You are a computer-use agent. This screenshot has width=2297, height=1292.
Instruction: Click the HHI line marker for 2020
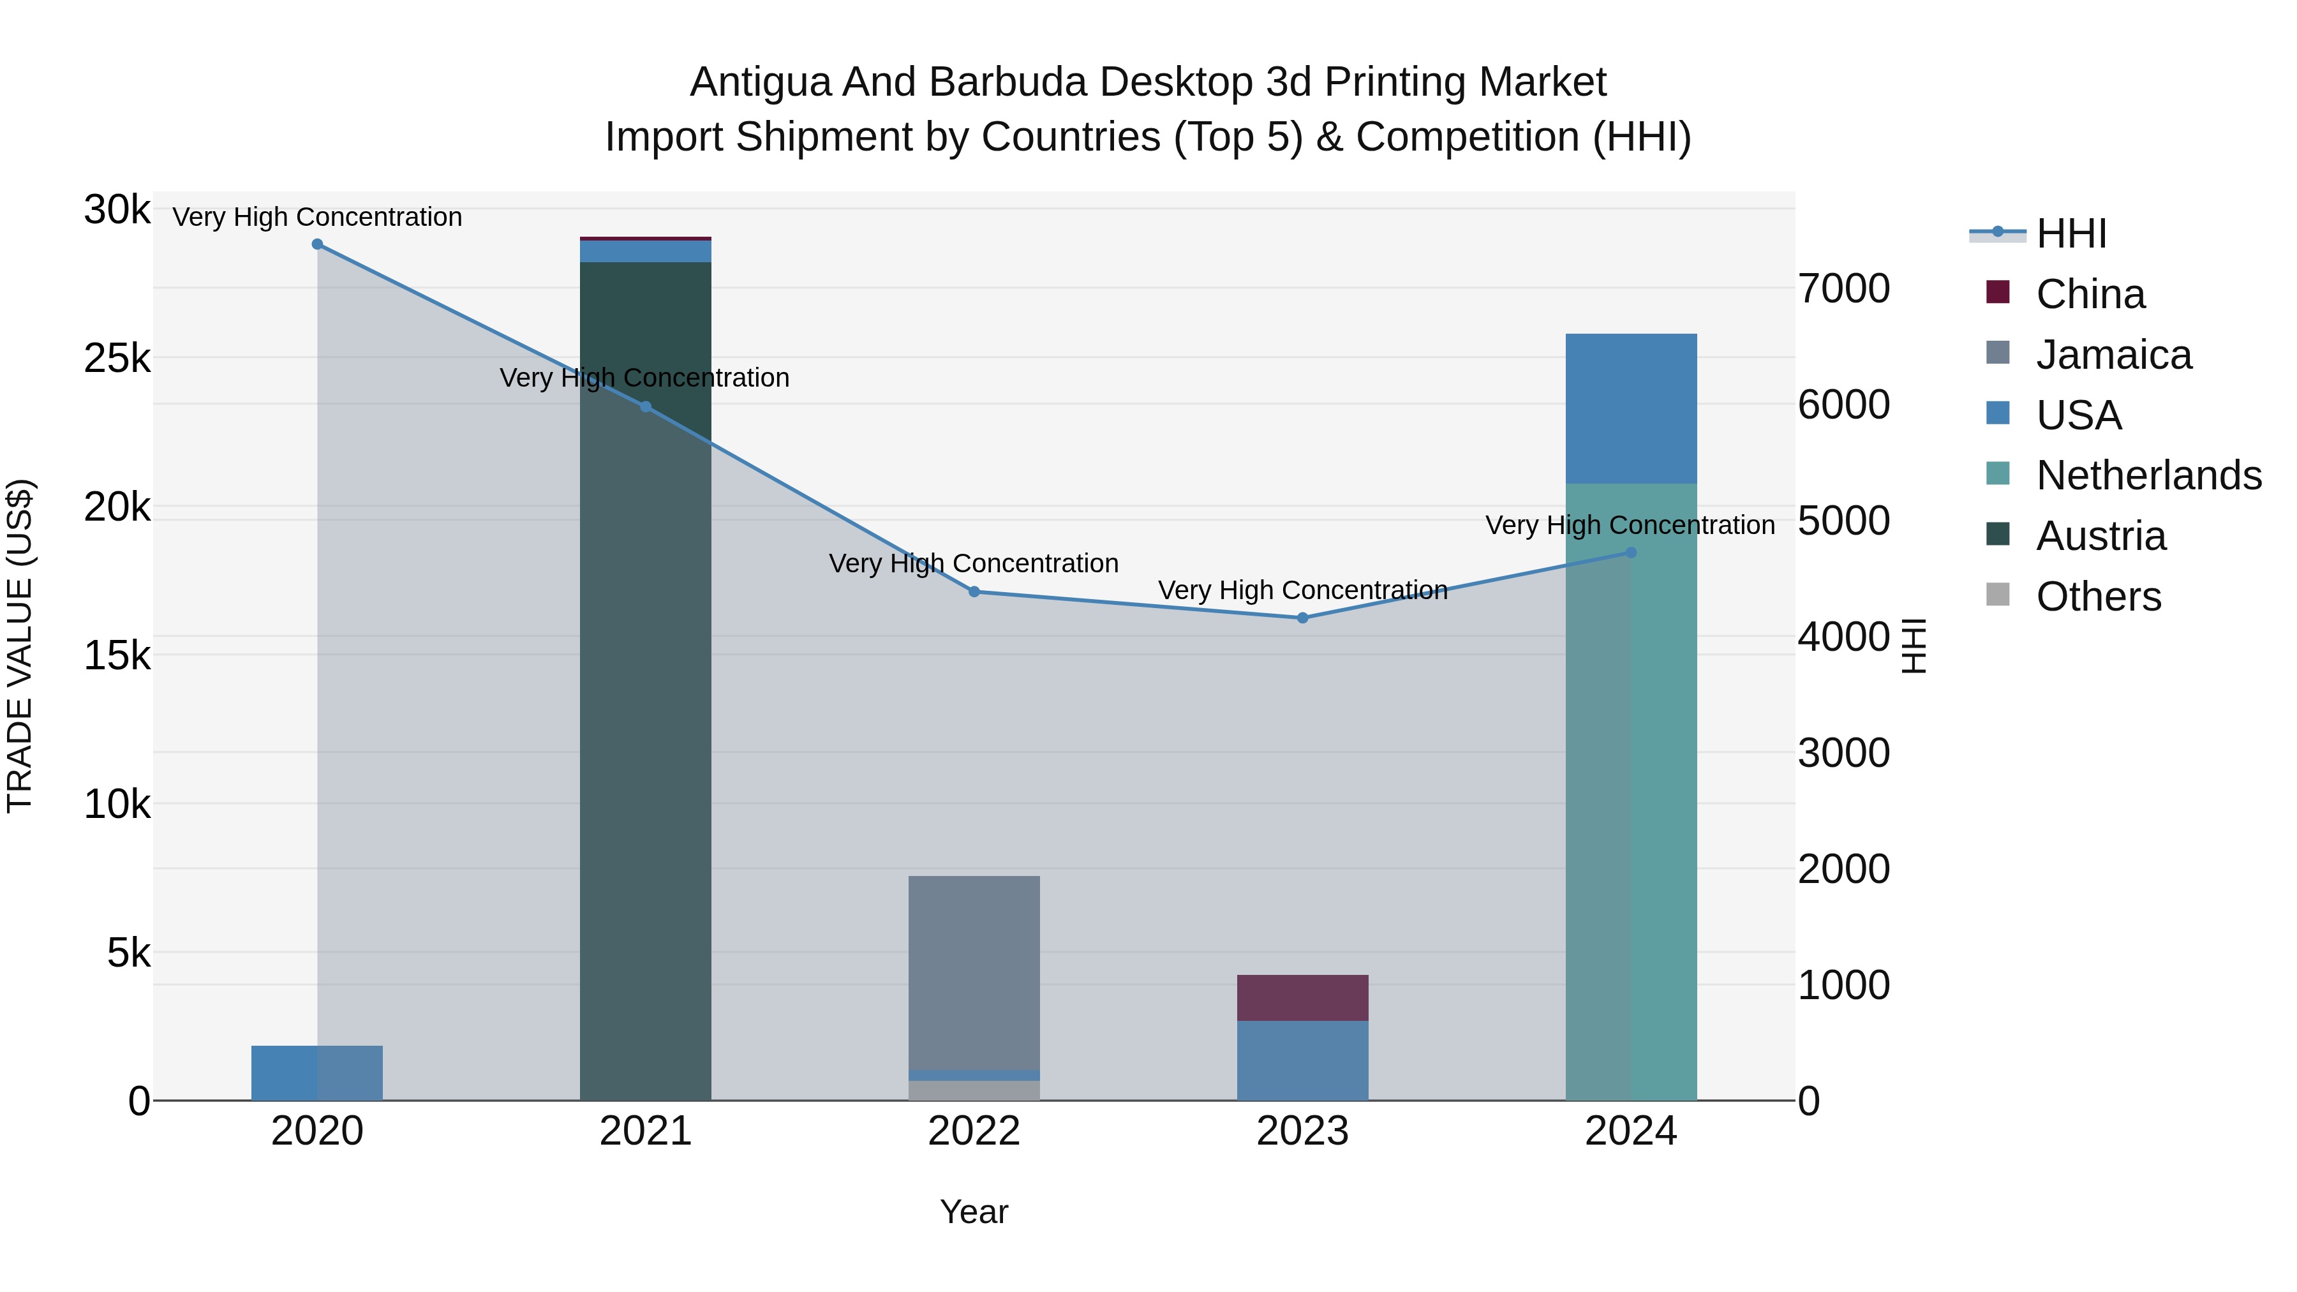click(x=318, y=244)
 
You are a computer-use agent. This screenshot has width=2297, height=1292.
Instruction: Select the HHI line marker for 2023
click(x=1303, y=618)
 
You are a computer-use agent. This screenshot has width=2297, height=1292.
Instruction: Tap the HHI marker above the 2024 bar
click(x=1631, y=553)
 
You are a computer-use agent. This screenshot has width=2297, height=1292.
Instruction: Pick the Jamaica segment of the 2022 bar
click(x=974, y=972)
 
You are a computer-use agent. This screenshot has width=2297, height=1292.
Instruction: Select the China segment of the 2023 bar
click(x=1303, y=998)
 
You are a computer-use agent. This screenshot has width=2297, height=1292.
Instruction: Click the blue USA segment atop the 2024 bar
click(x=1631, y=408)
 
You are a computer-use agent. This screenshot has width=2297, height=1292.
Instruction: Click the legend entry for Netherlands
click(x=2149, y=475)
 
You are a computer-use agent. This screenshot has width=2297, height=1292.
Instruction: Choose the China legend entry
click(x=2090, y=294)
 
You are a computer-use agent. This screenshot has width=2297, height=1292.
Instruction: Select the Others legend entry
click(x=2098, y=597)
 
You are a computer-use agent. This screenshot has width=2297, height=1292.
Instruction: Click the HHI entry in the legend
click(x=2070, y=234)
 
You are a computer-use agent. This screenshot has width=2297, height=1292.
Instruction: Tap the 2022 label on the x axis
click(x=974, y=1131)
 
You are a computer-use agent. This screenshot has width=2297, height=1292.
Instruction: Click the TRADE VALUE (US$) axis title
click(x=20, y=646)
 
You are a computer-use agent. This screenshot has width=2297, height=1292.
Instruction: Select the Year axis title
click(x=974, y=1212)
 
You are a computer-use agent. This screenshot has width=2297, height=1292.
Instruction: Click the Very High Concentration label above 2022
click(x=974, y=563)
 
